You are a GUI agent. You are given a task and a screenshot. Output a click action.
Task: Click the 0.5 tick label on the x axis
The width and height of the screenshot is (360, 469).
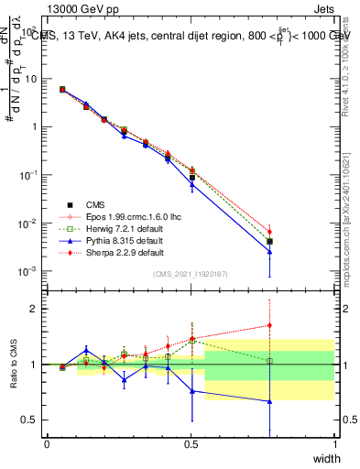coord(191,443)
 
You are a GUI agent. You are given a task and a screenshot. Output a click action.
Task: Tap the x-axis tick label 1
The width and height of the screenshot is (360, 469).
coord(334,443)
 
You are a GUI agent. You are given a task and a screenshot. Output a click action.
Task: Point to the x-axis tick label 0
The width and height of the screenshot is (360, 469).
coord(47,443)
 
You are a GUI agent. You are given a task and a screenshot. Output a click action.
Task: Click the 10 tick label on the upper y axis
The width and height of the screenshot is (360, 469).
coord(32,79)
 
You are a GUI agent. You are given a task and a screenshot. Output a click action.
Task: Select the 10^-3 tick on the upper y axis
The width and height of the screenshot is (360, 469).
coord(29,272)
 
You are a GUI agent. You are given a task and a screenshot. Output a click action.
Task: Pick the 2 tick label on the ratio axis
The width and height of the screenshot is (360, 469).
coord(38,309)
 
